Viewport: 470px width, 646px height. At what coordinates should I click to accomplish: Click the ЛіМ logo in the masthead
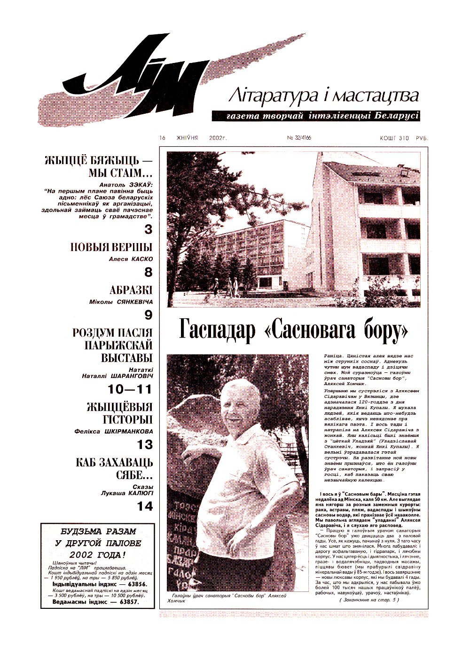click(x=141, y=80)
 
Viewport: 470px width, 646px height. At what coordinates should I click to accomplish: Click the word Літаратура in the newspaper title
click(x=265, y=96)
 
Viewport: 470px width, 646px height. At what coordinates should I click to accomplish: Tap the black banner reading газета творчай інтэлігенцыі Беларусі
click(x=315, y=116)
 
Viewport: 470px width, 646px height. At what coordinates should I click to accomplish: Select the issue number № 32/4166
click(x=299, y=138)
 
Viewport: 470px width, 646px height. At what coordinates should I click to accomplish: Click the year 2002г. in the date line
click(x=216, y=138)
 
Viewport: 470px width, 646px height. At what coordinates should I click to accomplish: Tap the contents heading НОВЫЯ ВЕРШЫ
click(x=111, y=247)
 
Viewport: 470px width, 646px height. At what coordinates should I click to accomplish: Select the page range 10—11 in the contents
click(x=130, y=389)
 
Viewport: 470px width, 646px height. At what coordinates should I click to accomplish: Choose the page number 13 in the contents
click(x=145, y=444)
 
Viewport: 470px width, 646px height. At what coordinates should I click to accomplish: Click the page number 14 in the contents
click(x=145, y=506)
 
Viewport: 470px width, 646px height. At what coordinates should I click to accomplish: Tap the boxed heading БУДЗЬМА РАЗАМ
click(x=98, y=531)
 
